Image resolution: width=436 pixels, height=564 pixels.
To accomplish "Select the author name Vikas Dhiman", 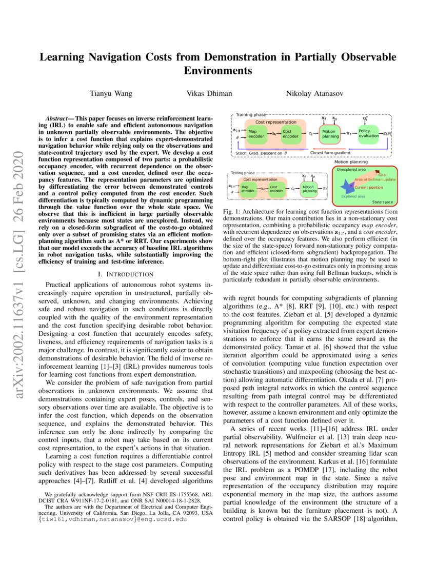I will point(208,94).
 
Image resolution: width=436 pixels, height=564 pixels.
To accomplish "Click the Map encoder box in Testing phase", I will point(248,189).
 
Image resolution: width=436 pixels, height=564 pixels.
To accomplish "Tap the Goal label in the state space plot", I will point(383,175).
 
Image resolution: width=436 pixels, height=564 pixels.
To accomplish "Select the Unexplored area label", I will point(351,169).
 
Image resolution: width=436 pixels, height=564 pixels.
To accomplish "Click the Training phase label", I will point(251,115).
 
